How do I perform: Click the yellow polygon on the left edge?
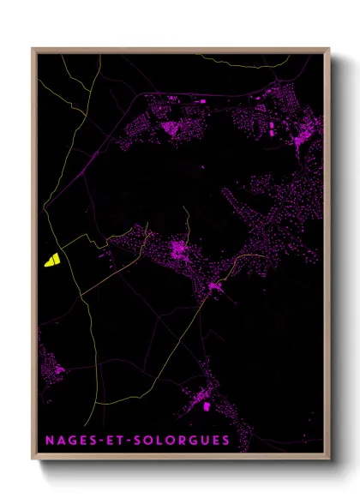point(51,260)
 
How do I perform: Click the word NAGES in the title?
point(71,441)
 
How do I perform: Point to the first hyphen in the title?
point(100,441)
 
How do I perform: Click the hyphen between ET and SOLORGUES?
point(129,441)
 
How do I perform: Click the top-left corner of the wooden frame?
point(33,49)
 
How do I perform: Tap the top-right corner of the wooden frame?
point(328,49)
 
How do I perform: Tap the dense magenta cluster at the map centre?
point(179,249)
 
